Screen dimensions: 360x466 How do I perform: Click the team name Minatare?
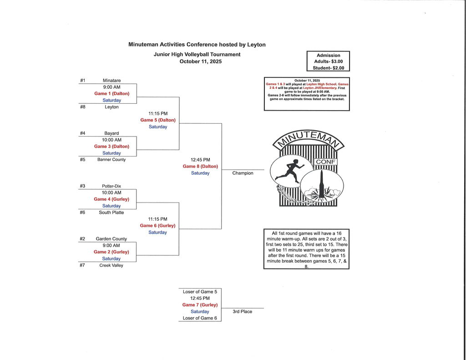click(x=111, y=81)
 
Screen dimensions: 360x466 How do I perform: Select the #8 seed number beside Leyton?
click(x=82, y=107)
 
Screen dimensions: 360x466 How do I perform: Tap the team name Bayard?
click(x=111, y=133)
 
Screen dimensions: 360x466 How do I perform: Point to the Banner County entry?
click(x=111, y=160)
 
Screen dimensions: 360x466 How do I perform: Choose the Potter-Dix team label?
click(x=111, y=186)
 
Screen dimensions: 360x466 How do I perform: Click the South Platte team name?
click(x=111, y=213)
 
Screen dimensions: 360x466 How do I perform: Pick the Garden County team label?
click(x=111, y=239)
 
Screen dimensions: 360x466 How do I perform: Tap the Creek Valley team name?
click(x=111, y=265)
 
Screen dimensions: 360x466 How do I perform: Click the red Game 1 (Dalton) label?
click(x=112, y=94)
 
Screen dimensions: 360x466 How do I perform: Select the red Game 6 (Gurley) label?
click(x=157, y=226)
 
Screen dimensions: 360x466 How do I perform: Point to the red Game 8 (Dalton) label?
click(x=200, y=167)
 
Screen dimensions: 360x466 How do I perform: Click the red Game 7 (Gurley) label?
click(x=200, y=305)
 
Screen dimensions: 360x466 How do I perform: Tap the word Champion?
click(x=243, y=173)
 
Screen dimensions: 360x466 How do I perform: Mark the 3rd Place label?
click(x=243, y=312)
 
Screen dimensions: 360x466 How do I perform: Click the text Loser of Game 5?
click(x=200, y=292)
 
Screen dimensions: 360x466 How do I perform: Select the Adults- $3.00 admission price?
click(x=328, y=61)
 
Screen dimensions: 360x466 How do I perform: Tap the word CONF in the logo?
click(x=325, y=162)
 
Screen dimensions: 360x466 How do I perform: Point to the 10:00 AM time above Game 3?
click(x=111, y=140)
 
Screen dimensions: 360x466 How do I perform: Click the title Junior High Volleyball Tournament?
click(x=197, y=55)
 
